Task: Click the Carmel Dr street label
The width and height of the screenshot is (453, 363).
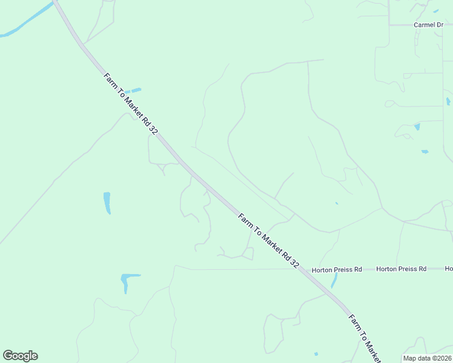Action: (x=428, y=25)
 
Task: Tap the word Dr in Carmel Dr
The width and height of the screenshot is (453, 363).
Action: (x=440, y=25)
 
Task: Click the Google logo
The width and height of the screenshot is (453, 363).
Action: (x=20, y=356)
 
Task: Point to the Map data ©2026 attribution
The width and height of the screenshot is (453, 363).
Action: (x=427, y=358)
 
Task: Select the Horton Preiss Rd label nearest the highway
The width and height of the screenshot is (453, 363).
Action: (x=337, y=269)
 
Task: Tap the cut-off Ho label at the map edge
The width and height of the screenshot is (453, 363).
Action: (x=449, y=269)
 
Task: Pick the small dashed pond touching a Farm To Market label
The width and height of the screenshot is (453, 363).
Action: (x=133, y=90)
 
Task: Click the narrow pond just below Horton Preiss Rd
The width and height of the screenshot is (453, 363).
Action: (x=334, y=280)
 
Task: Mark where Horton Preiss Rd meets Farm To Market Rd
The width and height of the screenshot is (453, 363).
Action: (x=305, y=269)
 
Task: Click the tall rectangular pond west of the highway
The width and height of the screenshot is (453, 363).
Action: (x=107, y=203)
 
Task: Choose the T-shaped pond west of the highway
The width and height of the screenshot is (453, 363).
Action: (x=128, y=280)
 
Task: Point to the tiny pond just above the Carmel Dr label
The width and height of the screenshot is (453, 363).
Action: (x=435, y=11)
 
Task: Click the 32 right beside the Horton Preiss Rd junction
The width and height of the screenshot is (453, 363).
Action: (x=295, y=263)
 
